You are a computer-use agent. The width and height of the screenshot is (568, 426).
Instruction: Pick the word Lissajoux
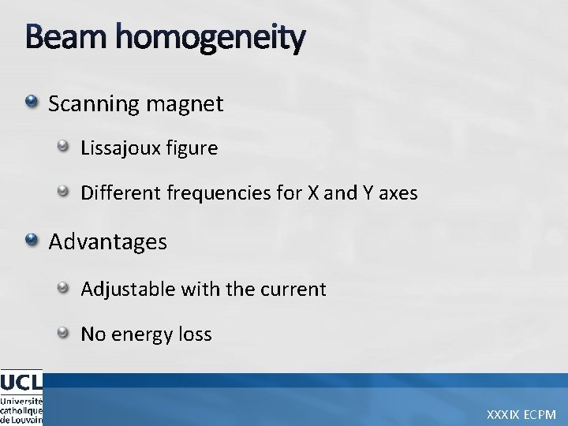tap(118, 148)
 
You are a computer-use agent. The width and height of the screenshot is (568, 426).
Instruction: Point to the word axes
tap(396, 193)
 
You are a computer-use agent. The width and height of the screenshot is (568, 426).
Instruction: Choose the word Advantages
tap(108, 241)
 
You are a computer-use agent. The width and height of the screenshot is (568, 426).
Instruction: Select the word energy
tap(138, 334)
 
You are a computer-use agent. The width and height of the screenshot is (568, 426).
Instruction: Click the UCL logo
tap(21, 398)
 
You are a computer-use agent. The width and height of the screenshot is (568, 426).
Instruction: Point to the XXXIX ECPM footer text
tap(521, 414)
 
